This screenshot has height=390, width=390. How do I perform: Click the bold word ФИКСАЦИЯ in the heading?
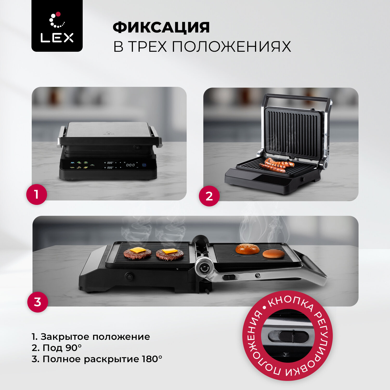[x=161, y=27]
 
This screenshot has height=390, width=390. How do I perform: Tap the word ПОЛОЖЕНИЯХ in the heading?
[x=231, y=47]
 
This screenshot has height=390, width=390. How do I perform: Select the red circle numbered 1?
[x=36, y=194]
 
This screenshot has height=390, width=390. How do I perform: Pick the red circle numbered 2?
[x=209, y=196]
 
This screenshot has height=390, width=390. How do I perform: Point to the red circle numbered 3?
[x=38, y=302]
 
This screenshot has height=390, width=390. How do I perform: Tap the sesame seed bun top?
[x=248, y=249]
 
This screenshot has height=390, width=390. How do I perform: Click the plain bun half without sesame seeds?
[x=274, y=254]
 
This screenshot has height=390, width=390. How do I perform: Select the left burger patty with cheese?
[x=138, y=253]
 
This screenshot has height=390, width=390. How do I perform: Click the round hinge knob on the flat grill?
[x=204, y=268]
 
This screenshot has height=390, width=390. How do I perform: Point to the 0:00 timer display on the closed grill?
[x=131, y=165]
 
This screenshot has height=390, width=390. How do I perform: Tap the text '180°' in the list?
[x=152, y=359]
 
